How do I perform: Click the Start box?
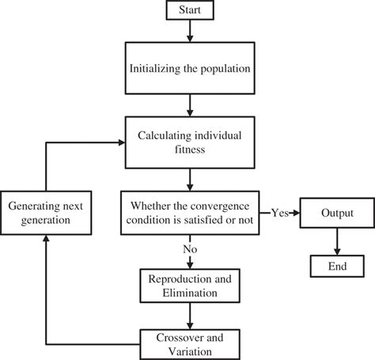189,11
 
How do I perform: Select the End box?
336,266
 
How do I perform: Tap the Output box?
336,214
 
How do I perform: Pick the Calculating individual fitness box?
189,142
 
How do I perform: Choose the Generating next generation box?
46,213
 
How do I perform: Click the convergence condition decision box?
189,213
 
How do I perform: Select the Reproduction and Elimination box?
189,286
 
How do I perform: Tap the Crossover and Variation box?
189,341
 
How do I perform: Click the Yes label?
279,213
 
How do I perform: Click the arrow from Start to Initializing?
189,32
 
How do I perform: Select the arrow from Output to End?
336,241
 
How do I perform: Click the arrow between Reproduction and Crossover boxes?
189,315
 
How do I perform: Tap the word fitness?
189,150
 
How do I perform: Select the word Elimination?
189,294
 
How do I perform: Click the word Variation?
189,348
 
